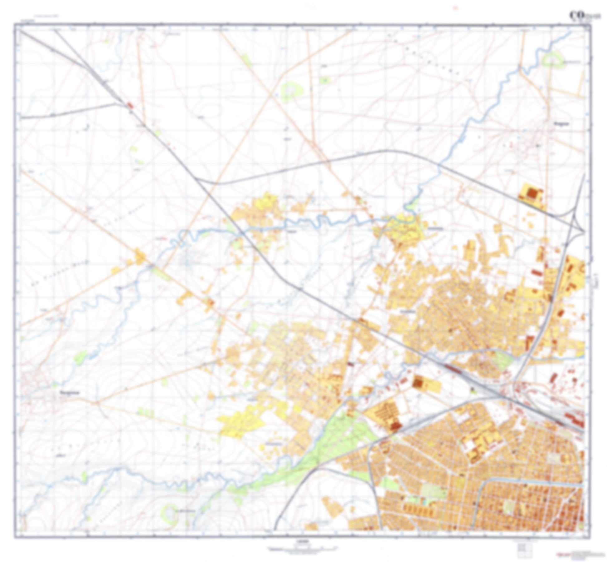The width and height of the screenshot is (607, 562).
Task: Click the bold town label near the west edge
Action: point(69,393)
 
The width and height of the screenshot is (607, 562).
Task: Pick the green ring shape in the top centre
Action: point(292,90)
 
